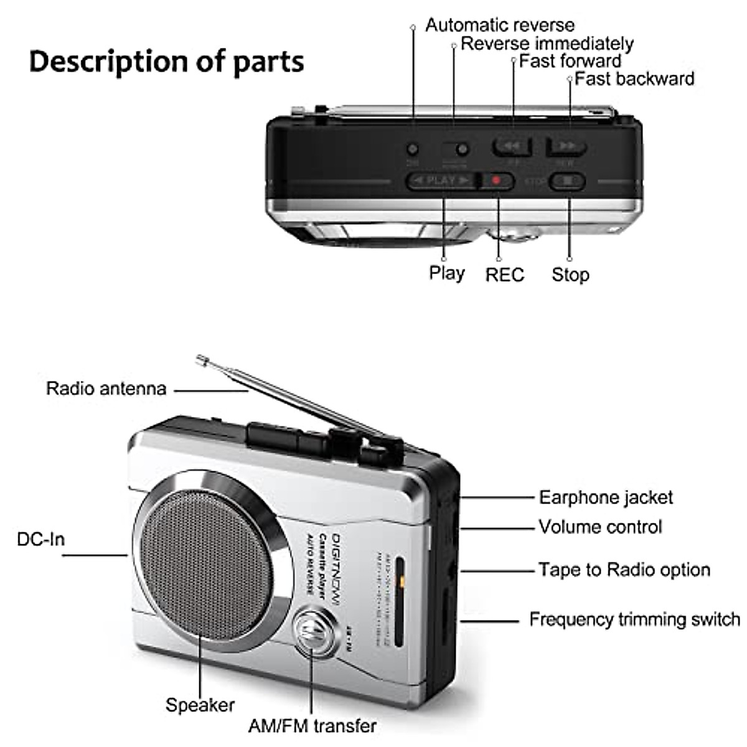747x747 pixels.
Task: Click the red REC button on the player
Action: pyautogui.click(x=497, y=181)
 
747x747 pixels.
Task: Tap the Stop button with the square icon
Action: pyautogui.click(x=567, y=181)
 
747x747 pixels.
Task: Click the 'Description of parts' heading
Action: pyautogui.click(x=166, y=62)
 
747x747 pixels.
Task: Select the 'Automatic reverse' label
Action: pyautogui.click(x=499, y=25)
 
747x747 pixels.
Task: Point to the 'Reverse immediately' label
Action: pyautogui.click(x=547, y=44)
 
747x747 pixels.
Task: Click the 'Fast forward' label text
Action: pyautogui.click(x=570, y=61)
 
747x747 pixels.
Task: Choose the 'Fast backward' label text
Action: pyautogui.click(x=634, y=78)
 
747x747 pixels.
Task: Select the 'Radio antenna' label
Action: pyautogui.click(x=106, y=388)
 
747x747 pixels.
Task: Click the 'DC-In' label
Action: pyautogui.click(x=40, y=539)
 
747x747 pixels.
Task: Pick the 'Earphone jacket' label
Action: pyautogui.click(x=605, y=497)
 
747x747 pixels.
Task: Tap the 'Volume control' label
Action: pyautogui.click(x=600, y=527)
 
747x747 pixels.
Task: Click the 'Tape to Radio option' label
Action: pyautogui.click(x=624, y=570)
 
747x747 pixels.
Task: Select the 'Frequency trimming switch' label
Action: pyautogui.click(x=634, y=619)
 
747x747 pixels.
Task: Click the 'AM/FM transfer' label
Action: pyautogui.click(x=312, y=726)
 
